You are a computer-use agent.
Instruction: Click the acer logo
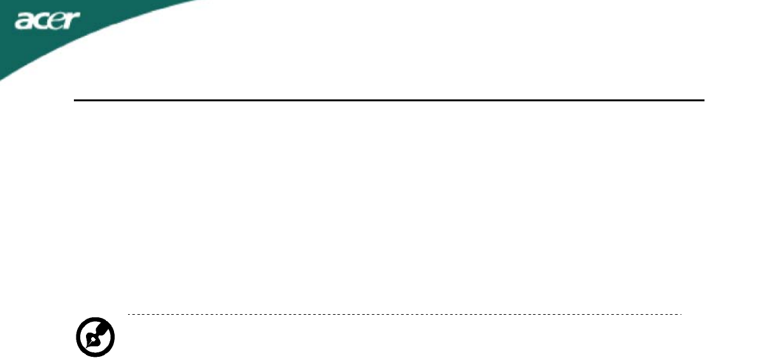tap(48, 21)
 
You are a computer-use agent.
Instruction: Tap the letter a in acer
tap(25, 22)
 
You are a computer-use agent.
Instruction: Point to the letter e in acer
tap(56, 22)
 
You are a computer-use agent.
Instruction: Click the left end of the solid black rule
tap(75, 100)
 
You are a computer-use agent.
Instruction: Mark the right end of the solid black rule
tap(704, 100)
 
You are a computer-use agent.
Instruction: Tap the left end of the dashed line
tap(128, 314)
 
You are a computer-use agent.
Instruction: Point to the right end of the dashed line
tap(681, 314)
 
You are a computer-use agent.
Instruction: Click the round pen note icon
tap(95, 337)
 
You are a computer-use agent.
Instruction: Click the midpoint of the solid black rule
tap(389, 100)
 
